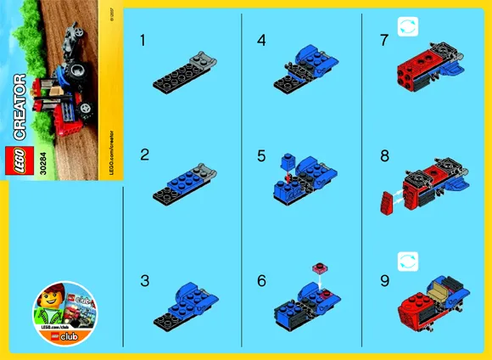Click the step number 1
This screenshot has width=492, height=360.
143,40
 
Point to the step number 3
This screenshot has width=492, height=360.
144,278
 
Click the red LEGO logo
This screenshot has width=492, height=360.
23,160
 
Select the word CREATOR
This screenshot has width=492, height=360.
23,107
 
